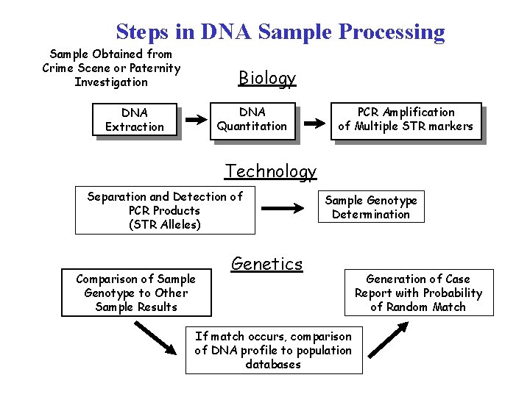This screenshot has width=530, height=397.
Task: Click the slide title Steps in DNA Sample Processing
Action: click(x=280, y=32)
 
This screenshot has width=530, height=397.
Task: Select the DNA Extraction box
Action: click(x=135, y=120)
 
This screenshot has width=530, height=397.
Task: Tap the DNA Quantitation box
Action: click(x=252, y=120)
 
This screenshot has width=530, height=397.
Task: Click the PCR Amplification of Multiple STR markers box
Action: click(x=406, y=120)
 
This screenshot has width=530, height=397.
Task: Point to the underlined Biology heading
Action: click(x=267, y=78)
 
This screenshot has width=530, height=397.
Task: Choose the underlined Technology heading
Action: click(x=271, y=171)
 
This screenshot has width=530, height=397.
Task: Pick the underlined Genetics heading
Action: click(x=267, y=264)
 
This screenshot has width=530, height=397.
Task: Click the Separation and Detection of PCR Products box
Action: click(x=165, y=210)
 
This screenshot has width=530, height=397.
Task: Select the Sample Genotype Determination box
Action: click(x=371, y=207)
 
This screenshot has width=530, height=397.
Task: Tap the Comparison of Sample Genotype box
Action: click(x=136, y=293)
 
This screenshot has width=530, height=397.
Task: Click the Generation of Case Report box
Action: click(x=418, y=293)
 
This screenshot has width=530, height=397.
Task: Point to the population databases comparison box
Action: click(x=273, y=350)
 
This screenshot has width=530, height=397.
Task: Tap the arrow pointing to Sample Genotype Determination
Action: click(x=284, y=209)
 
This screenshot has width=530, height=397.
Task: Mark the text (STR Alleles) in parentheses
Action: click(x=165, y=225)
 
